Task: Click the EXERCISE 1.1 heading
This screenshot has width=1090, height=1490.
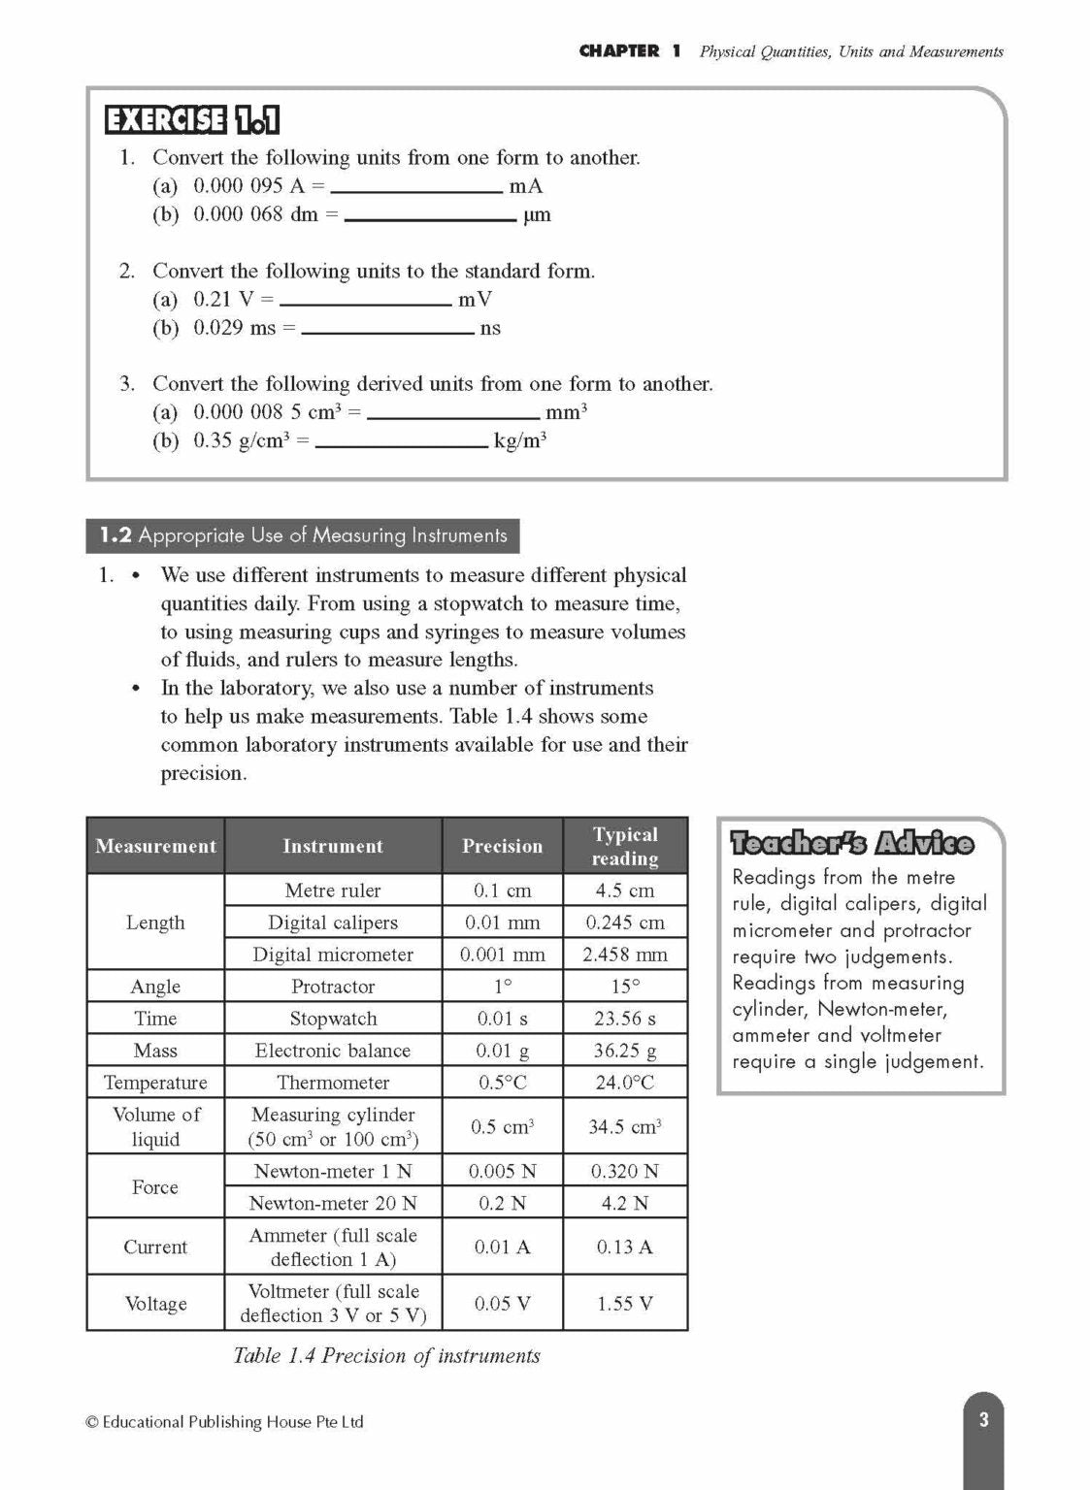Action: tap(192, 120)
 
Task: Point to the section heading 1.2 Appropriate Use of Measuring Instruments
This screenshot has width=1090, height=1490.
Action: tap(303, 535)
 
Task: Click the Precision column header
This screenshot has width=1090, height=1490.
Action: tap(502, 846)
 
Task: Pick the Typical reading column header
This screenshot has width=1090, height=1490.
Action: tap(625, 846)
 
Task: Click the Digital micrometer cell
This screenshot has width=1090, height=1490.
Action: tap(333, 955)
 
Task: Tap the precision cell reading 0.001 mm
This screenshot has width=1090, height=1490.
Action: tap(502, 955)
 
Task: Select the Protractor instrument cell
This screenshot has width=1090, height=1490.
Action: tap(333, 987)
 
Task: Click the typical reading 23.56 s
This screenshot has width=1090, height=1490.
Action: tap(625, 1019)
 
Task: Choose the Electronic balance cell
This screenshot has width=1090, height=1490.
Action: tap(333, 1051)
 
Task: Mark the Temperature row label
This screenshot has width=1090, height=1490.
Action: tap(155, 1083)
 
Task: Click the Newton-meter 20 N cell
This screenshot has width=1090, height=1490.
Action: tap(333, 1203)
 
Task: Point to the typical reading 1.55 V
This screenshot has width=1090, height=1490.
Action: tap(625, 1304)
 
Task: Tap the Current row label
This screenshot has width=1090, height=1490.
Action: tap(155, 1247)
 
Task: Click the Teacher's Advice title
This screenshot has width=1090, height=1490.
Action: tap(851, 843)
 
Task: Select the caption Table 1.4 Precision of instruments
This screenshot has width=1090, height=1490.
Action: tap(386, 1356)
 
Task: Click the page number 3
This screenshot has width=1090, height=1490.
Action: tap(983, 1420)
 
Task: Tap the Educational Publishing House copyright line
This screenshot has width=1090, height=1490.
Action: tap(225, 1422)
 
